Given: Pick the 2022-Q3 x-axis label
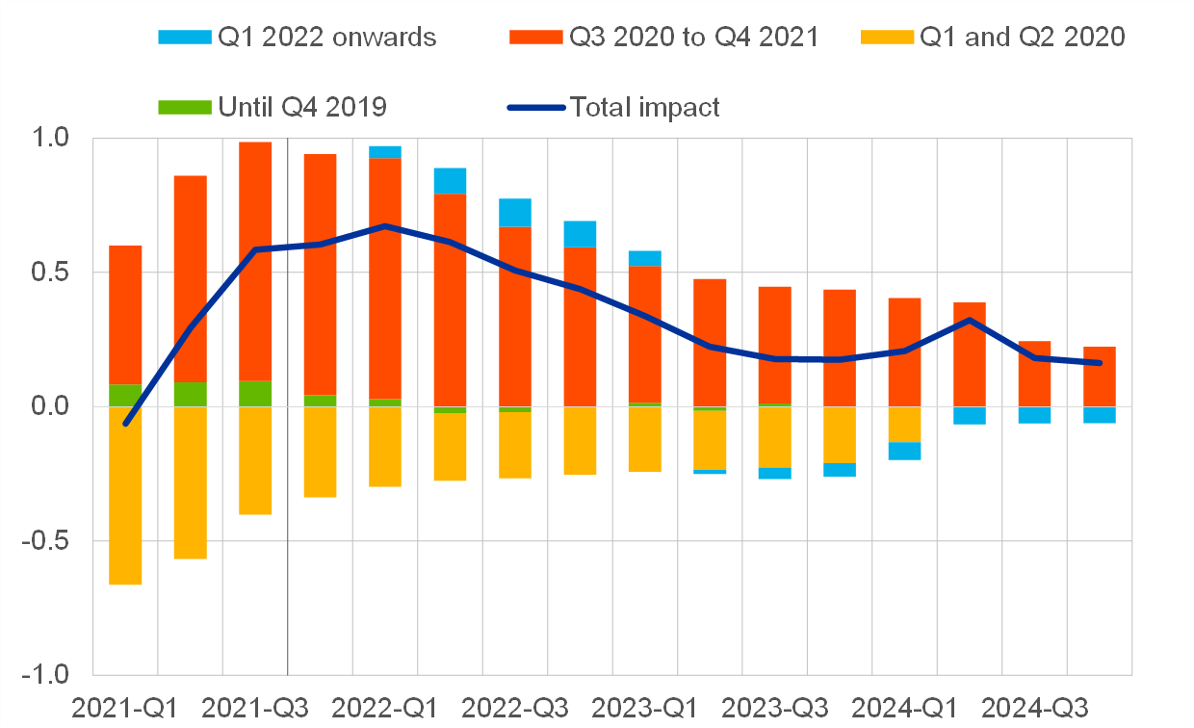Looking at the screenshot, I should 515,708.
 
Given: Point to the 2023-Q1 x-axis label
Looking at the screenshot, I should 645,708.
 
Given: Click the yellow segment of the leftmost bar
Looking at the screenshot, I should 125,495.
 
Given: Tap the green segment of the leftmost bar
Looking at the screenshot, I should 125,395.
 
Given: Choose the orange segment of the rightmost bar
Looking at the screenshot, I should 1100,377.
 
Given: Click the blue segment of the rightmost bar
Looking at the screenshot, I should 1100,415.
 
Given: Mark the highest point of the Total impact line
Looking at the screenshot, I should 385,226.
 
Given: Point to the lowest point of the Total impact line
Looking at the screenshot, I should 125,423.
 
